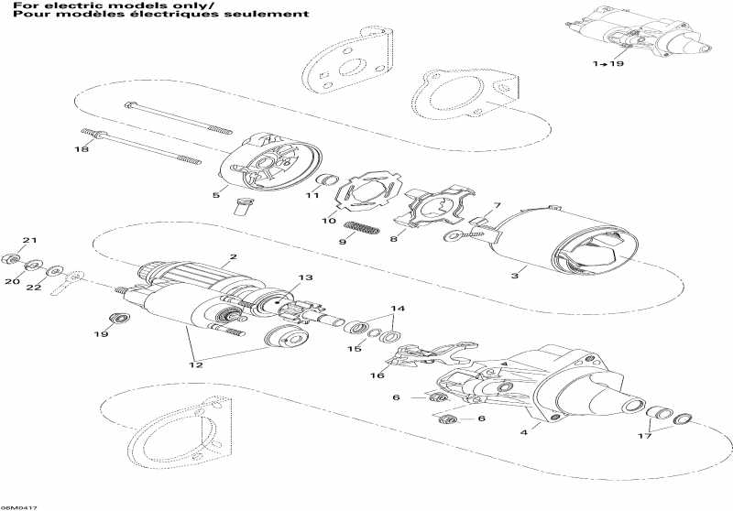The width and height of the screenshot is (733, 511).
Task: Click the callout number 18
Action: [x=82, y=149]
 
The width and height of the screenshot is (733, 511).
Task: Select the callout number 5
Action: [x=215, y=194]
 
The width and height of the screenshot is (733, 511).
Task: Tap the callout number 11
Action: [x=312, y=195]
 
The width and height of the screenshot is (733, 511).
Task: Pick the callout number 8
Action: [x=393, y=238]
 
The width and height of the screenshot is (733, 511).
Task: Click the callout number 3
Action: [x=516, y=274]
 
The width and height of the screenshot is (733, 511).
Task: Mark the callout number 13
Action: [x=304, y=277]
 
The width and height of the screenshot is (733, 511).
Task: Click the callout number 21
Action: [x=28, y=241]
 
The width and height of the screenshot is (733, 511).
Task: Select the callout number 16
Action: [x=377, y=375]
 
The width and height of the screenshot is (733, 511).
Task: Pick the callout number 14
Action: [x=398, y=308]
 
